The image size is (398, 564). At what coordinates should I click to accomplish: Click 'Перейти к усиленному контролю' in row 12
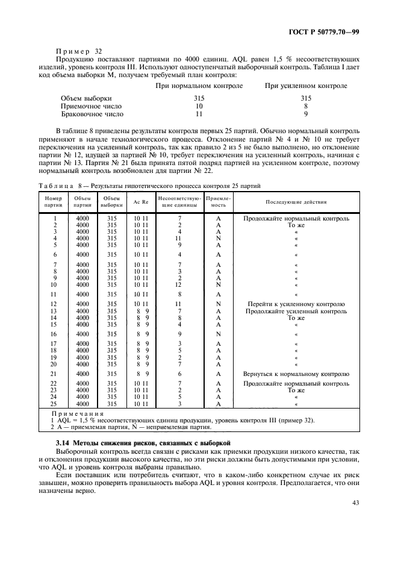[296, 304]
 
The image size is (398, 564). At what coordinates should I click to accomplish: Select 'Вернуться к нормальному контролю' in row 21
[296, 374]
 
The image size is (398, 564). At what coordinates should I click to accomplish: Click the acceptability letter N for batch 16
[218, 334]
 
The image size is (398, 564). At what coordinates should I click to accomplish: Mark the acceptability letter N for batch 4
[218, 239]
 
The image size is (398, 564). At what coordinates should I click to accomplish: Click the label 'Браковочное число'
[92, 114]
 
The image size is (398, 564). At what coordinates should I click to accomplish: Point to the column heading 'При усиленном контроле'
[306, 86]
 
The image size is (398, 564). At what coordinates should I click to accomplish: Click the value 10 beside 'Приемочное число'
[199, 106]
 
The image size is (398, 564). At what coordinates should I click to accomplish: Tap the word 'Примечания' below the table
[78, 414]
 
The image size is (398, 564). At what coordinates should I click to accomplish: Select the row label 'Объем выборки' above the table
[86, 98]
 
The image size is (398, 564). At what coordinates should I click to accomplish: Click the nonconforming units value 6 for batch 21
[179, 374]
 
